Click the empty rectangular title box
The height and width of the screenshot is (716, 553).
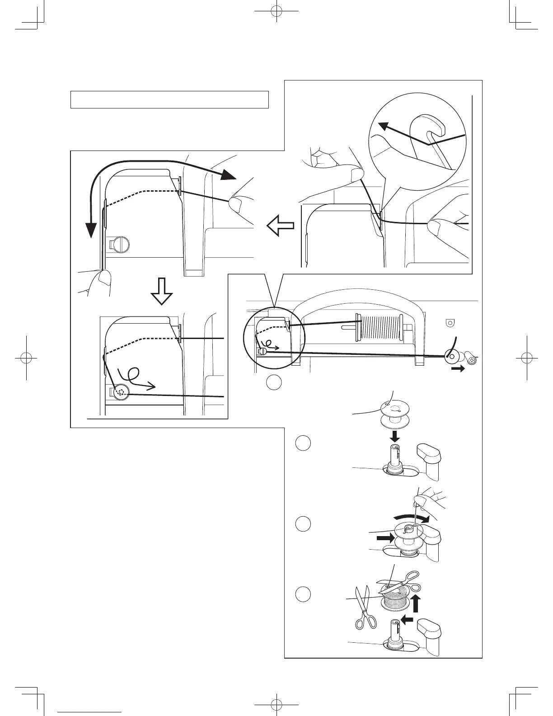point(169,99)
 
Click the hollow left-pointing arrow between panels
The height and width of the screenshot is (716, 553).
point(280,225)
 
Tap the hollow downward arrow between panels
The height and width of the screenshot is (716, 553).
point(161,292)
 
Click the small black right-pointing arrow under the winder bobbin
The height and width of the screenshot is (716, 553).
point(458,369)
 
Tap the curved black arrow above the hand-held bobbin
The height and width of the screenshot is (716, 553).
point(411,516)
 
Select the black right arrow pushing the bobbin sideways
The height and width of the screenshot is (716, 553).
point(385,538)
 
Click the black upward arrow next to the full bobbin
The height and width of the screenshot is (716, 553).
point(417,603)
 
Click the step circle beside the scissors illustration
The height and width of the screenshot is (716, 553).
point(303,594)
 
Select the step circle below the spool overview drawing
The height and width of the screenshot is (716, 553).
point(273,382)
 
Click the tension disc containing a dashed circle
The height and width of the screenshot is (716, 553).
point(121,392)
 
